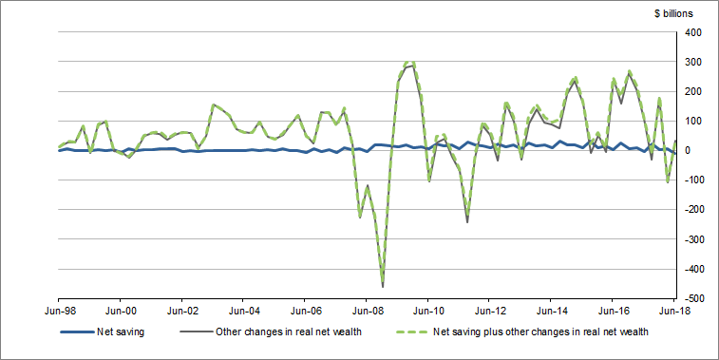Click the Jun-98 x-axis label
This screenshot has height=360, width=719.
pos(59,310)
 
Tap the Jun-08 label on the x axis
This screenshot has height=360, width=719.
pos(367,310)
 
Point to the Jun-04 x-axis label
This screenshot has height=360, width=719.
pos(244,310)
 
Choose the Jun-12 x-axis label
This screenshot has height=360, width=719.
pos(490,310)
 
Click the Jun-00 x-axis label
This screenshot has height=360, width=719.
pos(121,310)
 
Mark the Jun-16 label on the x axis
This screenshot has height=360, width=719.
pos(614,310)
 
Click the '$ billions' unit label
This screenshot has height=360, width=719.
pos(673,12)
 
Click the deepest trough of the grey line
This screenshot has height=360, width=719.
pos(383,286)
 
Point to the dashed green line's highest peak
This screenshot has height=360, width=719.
pos(410,61)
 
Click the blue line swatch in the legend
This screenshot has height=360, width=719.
pos(75,332)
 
